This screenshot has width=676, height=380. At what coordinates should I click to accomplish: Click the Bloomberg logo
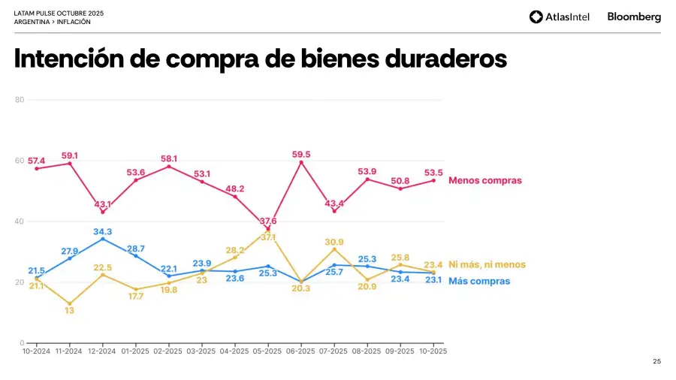634,17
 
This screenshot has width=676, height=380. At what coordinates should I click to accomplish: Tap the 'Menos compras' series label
484,180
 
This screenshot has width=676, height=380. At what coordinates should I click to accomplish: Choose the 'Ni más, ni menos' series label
487,264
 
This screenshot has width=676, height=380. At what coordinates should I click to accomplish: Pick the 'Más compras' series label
479,281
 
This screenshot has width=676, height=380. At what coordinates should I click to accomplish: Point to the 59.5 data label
301,155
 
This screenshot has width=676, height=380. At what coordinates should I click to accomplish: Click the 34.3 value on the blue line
102,232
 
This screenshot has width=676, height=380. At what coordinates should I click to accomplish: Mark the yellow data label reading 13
69,310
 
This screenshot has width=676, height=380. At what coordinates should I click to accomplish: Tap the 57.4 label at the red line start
36,161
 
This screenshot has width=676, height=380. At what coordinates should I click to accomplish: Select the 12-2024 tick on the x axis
102,351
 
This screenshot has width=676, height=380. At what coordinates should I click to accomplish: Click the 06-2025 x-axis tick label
301,351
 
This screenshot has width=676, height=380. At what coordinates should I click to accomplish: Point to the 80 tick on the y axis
20,100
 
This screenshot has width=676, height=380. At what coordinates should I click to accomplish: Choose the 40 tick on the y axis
20,222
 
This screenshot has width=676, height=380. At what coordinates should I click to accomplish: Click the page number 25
657,362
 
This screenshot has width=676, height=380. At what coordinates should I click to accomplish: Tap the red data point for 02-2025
169,166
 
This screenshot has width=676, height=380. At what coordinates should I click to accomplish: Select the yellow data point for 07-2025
334,249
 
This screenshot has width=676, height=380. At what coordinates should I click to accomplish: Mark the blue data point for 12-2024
103,239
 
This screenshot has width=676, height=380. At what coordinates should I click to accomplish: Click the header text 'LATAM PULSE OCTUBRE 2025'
59,14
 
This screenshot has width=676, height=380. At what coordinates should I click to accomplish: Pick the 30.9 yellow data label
334,241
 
